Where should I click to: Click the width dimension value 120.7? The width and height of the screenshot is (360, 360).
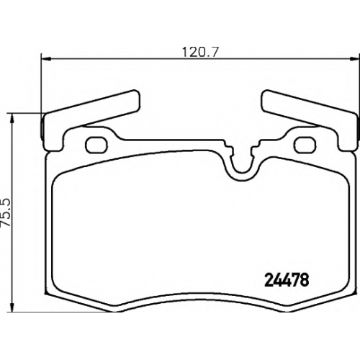(x=200, y=52)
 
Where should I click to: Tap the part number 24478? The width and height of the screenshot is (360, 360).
(x=287, y=280)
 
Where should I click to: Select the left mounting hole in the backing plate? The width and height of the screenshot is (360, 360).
(x=96, y=145)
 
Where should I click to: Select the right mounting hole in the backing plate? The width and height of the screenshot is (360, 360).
(x=305, y=145)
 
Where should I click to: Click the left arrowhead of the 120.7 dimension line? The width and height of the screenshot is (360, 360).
(x=46, y=58)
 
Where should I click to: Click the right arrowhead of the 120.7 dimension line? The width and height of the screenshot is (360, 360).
(x=354, y=58)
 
